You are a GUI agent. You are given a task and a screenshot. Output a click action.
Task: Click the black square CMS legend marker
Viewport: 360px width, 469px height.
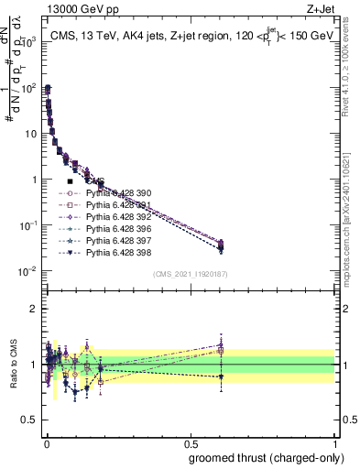[70, 181]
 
